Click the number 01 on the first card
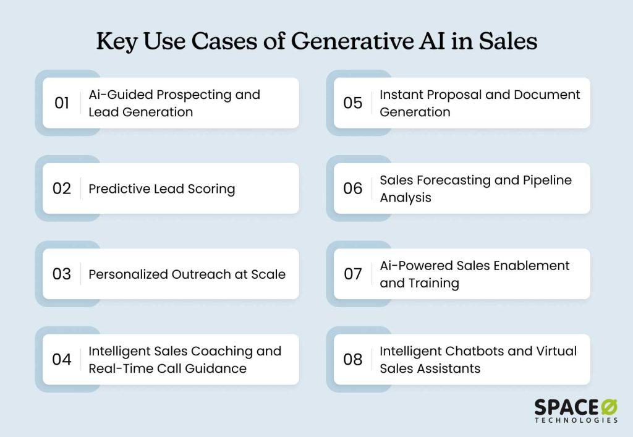pos(62,103)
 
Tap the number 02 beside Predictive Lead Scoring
pos(62,189)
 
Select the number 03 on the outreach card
pos(62,274)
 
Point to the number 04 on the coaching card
pos(62,360)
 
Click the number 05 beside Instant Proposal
pos(353,103)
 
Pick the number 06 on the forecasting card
pos(353,189)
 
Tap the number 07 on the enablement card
pos(353,274)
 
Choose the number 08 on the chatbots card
pos(353,360)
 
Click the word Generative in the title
pos(352,41)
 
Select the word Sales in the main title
pos(508,41)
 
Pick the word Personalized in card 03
pos(128,274)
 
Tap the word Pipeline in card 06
pos(548,180)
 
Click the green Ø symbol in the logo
pos(609,407)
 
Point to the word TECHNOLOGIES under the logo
pos(577,420)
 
